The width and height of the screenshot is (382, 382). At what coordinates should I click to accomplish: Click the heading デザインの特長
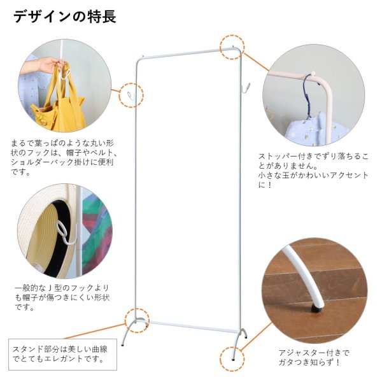pos(64,16)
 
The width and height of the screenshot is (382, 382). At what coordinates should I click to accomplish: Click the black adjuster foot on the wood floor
pos(314,310)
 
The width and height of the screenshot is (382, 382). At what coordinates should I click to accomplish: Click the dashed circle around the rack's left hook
pos(131,95)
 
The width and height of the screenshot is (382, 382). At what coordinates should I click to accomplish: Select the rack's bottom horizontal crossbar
pos(188,327)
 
